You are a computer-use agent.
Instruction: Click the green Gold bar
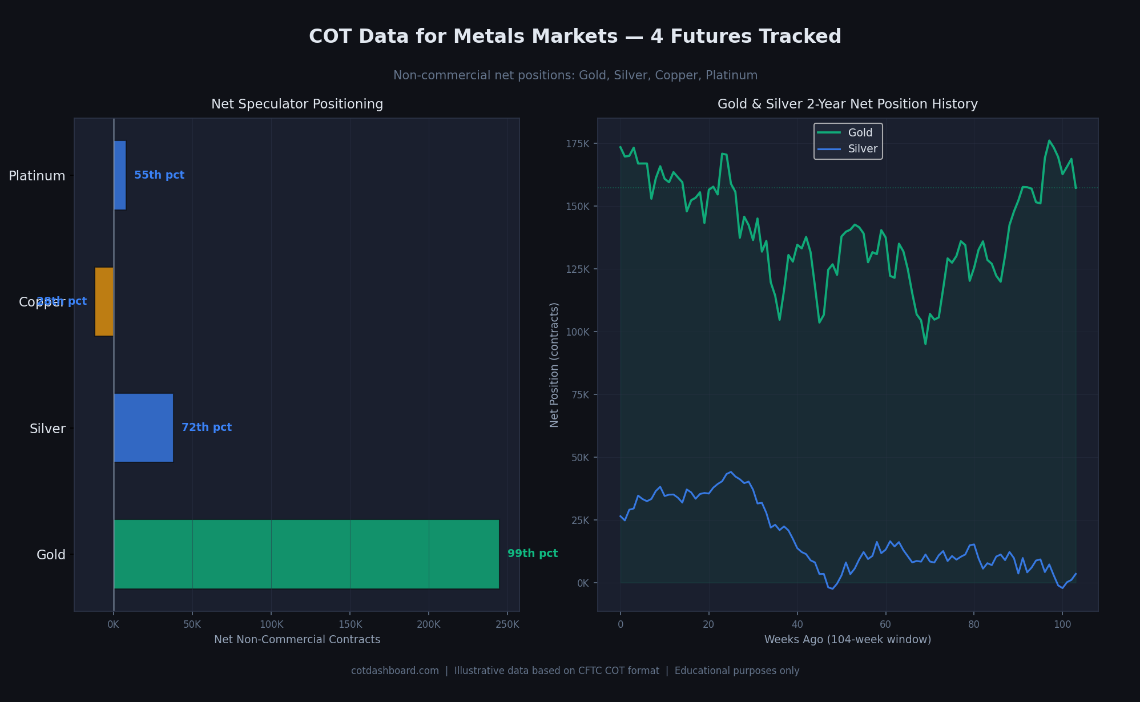point(306,554)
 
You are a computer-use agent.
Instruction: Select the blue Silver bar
point(143,427)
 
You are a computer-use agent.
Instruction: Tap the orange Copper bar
point(104,301)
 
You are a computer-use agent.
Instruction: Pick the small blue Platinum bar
point(120,175)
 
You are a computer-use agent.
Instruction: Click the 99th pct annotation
point(532,554)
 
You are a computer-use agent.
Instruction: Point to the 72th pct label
point(207,427)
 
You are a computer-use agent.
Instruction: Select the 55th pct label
point(159,175)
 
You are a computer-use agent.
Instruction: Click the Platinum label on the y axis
point(37,176)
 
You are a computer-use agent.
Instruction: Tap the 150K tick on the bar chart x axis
point(350,624)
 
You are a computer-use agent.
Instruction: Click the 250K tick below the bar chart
point(507,624)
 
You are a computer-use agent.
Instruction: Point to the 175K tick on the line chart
point(578,143)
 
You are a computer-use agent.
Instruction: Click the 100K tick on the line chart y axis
point(578,332)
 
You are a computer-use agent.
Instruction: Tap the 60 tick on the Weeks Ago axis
point(885,624)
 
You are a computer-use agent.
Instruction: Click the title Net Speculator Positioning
point(297,104)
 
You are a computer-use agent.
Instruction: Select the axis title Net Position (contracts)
point(554,365)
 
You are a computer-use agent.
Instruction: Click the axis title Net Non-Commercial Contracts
point(297,640)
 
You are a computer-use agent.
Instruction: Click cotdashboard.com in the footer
point(395,671)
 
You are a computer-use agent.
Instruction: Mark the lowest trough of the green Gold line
point(925,344)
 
